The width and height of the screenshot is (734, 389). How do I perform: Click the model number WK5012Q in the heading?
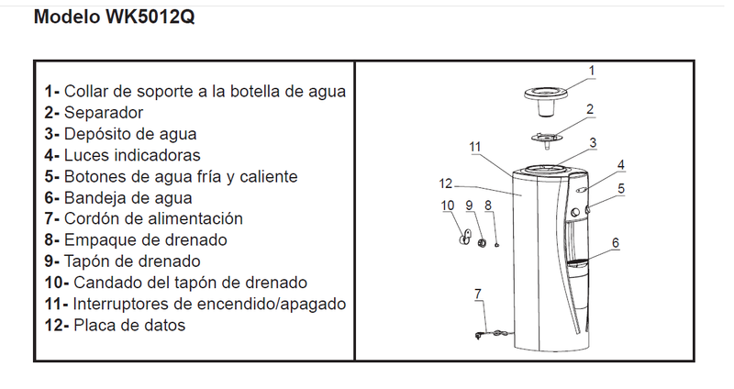(x=150, y=17)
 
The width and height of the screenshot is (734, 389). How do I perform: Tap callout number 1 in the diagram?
(x=592, y=71)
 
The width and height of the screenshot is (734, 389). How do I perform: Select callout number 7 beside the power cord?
(x=477, y=294)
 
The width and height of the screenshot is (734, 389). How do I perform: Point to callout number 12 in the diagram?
(x=446, y=183)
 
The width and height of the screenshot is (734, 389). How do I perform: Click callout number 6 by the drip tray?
(x=616, y=242)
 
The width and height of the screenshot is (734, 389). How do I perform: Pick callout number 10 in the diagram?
(x=448, y=206)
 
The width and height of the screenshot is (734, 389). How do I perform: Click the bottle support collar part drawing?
(x=545, y=100)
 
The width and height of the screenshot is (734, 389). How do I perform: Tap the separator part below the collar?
(x=546, y=139)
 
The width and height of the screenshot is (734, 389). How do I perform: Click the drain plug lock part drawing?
(x=464, y=238)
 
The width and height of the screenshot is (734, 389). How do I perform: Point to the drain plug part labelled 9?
(x=482, y=242)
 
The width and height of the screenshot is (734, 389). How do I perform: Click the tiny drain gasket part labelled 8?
(x=496, y=244)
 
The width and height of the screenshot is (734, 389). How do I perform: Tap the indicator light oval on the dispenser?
(x=582, y=190)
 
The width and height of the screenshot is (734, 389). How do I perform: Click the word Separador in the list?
(x=104, y=113)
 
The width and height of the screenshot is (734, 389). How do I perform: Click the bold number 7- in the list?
(x=52, y=219)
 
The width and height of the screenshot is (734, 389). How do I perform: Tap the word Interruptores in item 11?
(x=121, y=305)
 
